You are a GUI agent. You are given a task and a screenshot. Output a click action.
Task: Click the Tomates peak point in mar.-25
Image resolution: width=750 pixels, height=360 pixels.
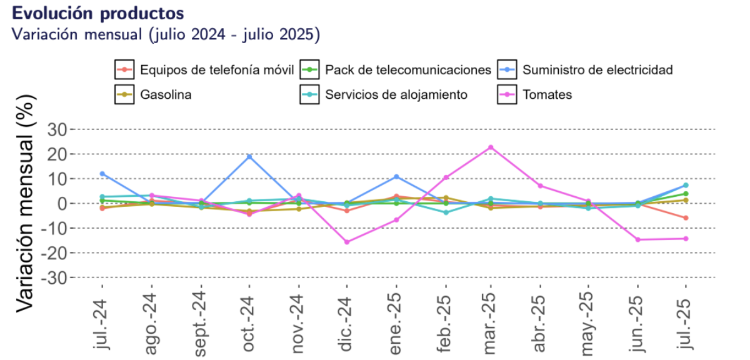(491, 147)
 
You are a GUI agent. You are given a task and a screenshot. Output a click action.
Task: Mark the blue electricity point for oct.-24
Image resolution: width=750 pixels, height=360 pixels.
(249, 156)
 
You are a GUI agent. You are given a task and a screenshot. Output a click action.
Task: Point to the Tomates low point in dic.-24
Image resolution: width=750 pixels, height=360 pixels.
(347, 242)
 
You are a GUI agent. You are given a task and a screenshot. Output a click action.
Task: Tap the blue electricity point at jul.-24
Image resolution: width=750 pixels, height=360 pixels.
(102, 174)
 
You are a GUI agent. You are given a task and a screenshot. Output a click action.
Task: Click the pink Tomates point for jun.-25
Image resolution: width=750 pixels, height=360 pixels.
(637, 239)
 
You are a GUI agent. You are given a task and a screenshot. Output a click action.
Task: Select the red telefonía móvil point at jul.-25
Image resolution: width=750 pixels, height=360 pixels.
(686, 217)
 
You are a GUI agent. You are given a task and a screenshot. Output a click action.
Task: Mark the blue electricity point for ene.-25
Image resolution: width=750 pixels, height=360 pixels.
(396, 177)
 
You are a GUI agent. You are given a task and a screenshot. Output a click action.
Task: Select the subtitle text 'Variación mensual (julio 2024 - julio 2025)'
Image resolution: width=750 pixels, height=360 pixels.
(166, 34)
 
